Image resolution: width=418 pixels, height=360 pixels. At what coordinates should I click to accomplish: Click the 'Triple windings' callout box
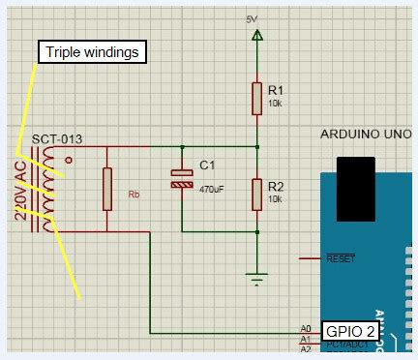click(x=91, y=51)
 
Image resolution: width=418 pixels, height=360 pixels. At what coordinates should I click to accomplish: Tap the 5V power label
click(x=252, y=18)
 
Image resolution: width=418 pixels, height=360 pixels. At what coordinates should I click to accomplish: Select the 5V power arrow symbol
click(x=257, y=36)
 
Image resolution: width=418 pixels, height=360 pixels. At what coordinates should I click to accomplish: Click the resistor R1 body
click(x=257, y=97)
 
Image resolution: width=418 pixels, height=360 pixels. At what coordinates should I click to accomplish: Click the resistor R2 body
click(x=257, y=194)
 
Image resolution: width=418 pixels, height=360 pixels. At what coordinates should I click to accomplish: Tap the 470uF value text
click(x=211, y=190)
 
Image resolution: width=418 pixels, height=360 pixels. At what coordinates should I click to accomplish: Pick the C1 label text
click(x=206, y=165)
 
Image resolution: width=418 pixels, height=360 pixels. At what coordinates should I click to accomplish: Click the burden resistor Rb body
click(x=106, y=188)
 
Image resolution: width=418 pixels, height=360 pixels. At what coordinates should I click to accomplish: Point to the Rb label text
click(x=134, y=195)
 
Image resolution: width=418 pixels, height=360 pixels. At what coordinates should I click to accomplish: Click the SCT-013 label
click(x=57, y=139)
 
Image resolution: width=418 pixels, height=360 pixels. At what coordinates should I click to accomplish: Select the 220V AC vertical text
click(x=20, y=188)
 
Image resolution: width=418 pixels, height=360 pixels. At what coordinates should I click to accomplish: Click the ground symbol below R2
click(x=257, y=280)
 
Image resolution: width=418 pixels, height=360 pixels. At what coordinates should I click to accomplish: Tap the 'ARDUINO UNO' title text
click(x=363, y=135)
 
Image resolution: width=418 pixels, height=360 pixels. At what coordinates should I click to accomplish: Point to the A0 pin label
click(x=306, y=329)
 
